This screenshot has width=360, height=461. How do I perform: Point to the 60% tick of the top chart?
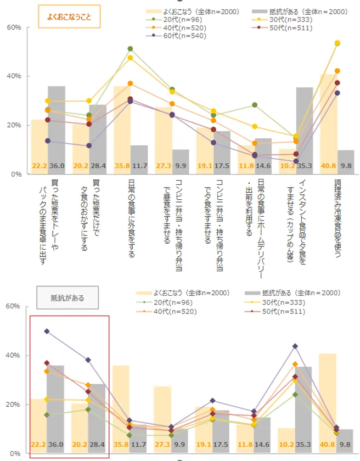tap(14, 27)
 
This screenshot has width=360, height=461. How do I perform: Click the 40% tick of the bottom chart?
tap(14, 356)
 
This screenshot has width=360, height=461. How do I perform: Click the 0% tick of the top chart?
tap(16, 174)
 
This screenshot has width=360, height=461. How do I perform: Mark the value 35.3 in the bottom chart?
tap(305, 445)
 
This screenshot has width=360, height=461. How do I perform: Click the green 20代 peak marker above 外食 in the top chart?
tap(130, 49)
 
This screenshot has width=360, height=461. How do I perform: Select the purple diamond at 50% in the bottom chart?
tap(47, 331)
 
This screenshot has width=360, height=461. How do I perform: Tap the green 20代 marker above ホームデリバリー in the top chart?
tap(255, 105)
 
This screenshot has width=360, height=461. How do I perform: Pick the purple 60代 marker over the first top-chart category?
tap(47, 140)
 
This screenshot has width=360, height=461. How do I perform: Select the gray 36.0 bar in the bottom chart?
tap(56, 406)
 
